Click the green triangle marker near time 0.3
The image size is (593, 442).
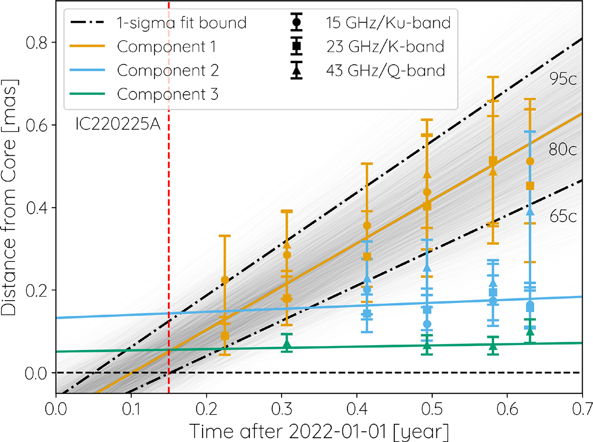[x=287, y=344]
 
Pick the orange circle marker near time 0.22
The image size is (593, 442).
[x=225, y=280]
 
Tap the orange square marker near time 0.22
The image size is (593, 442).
[x=225, y=336]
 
